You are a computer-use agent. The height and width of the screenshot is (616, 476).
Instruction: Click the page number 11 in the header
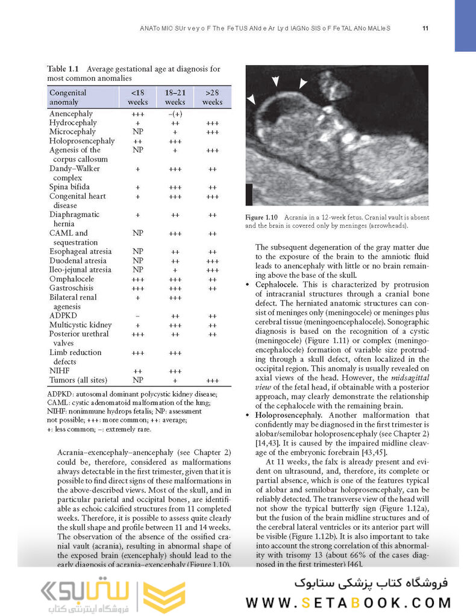[425, 28]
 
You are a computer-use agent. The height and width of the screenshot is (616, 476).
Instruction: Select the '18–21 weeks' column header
[175, 97]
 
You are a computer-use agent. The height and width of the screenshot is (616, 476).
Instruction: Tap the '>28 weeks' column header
[212, 97]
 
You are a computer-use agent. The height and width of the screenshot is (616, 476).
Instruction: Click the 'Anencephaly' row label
[71, 113]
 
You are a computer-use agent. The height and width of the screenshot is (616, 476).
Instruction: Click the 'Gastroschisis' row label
[74, 288]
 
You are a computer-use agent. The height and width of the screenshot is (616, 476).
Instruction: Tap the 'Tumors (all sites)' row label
[78, 380]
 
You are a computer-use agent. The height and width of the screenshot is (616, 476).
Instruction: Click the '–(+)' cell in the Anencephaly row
[175, 113]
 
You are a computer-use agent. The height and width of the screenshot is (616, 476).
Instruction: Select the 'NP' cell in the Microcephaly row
[137, 131]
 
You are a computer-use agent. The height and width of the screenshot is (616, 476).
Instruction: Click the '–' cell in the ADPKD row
[137, 316]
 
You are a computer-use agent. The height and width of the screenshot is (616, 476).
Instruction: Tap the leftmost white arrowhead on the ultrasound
[251, 98]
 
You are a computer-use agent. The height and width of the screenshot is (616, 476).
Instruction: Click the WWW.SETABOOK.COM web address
[348, 602]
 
